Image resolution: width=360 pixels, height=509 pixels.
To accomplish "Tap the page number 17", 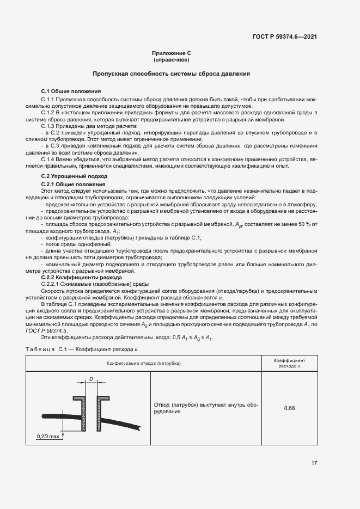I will point(314,463).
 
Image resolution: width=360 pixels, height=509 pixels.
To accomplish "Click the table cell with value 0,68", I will point(289,408).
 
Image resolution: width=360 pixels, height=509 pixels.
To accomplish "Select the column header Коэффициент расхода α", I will point(289,363).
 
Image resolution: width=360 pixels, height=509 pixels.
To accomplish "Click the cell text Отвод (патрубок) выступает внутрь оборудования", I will point(205,408).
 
